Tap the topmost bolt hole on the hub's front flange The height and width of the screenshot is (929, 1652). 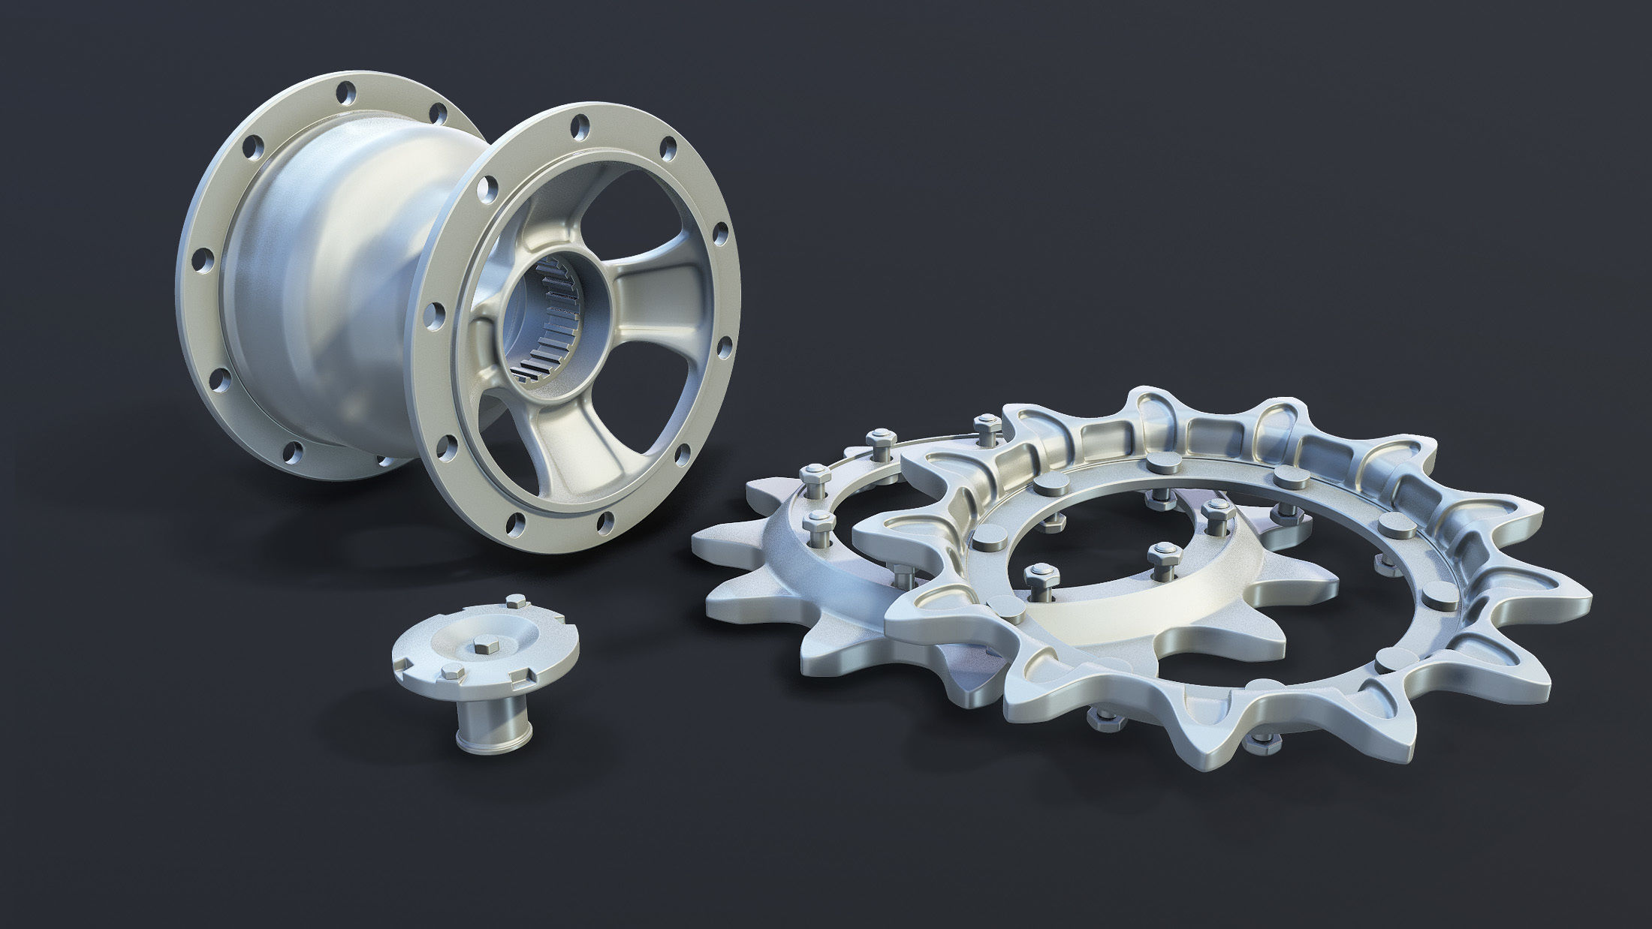[x=579, y=122]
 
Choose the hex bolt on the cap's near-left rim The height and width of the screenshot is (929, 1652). [x=451, y=671]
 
